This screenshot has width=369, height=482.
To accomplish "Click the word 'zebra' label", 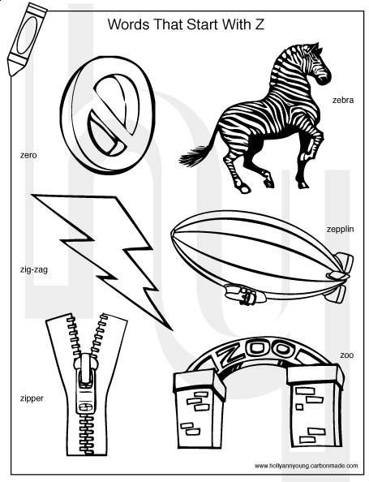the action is coord(343,100).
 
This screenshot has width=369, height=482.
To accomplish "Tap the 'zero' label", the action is coord(28,155).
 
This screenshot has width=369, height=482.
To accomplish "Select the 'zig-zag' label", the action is coord(34,270).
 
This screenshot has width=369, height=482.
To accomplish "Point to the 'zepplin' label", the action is coord(340,230).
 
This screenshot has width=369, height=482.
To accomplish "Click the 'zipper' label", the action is coord(32,398).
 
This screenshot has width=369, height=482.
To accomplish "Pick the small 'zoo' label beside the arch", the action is coord(346,355).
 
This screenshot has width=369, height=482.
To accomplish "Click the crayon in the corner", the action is coord(27,39).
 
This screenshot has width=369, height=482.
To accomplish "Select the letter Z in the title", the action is coord(260,24).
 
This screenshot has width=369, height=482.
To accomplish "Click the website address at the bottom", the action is coord(306,466).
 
